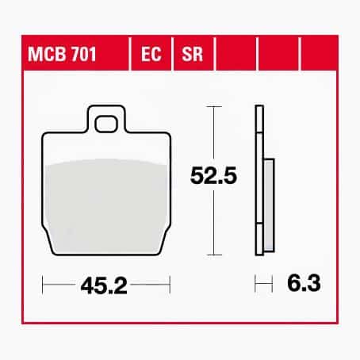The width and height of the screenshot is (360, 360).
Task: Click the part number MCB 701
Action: point(62,54)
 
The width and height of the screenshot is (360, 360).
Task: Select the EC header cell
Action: point(151,54)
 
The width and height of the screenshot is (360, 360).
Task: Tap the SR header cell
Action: point(193,54)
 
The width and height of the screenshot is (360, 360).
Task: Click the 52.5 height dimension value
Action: point(213,176)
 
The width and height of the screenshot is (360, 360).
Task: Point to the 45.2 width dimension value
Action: point(104,286)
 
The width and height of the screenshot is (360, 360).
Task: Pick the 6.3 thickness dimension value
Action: point(304,283)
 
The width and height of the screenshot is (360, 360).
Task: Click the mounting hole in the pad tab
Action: point(106,124)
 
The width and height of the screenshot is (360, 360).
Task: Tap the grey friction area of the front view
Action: point(106,206)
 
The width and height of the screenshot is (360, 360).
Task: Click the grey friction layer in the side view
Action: point(269,205)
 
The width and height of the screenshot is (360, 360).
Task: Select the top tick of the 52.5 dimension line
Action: point(214,106)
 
